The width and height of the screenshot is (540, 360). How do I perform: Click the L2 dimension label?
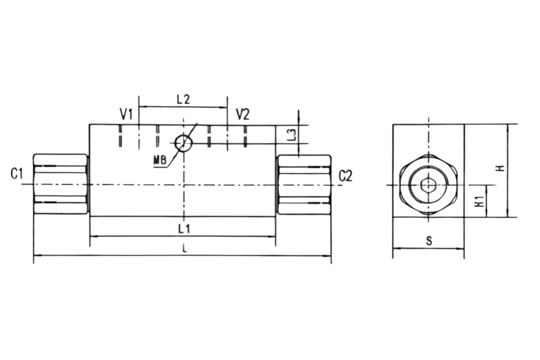pos(183,99)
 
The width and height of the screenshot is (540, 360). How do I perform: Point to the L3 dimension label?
pos(292,135)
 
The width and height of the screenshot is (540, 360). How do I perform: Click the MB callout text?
pos(160,160)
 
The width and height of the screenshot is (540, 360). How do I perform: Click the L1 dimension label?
pos(184,229)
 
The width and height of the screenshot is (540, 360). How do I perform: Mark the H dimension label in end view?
pos(501,168)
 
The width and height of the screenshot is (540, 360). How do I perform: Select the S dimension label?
pos(429,241)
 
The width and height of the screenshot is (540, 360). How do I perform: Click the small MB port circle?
pos(184,143)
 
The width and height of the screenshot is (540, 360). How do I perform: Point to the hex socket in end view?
pos(428,185)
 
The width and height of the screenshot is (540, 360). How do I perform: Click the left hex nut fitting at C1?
pos(60,184)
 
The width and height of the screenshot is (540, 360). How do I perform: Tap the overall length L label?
pos(185,249)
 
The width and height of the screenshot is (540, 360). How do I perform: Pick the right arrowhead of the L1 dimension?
pos(272,237)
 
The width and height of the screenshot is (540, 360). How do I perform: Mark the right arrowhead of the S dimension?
pos(460,249)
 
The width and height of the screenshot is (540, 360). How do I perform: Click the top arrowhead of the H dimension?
pos(507,128)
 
